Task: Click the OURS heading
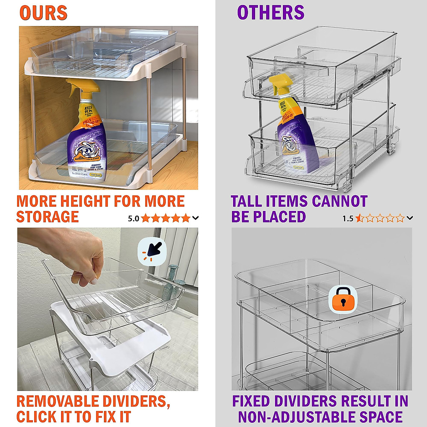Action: (43, 13)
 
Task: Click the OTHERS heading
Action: (270, 13)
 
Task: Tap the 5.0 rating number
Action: (133, 218)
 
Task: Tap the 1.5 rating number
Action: (348, 218)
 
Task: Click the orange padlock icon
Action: (343, 299)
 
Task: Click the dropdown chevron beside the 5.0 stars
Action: (195, 218)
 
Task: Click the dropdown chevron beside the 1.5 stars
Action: (410, 218)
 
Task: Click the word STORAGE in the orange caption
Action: (47, 217)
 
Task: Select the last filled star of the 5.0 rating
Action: (186, 218)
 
